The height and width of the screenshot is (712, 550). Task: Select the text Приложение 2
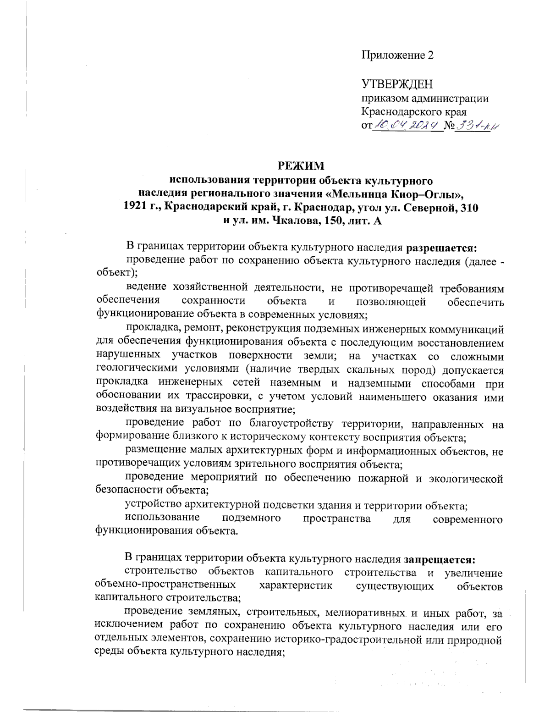[x=397, y=55]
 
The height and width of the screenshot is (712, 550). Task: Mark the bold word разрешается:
[x=442, y=248]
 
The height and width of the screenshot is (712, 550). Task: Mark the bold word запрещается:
[x=440, y=559]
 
